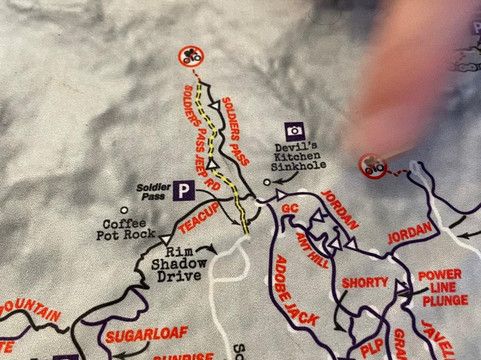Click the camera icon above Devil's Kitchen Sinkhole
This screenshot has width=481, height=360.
click(x=295, y=130)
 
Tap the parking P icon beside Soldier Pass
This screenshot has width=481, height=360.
click(x=184, y=188)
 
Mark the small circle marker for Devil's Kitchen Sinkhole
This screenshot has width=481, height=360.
click(x=267, y=183)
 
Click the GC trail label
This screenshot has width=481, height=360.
click(x=290, y=208)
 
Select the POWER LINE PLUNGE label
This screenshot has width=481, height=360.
click(x=443, y=288)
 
